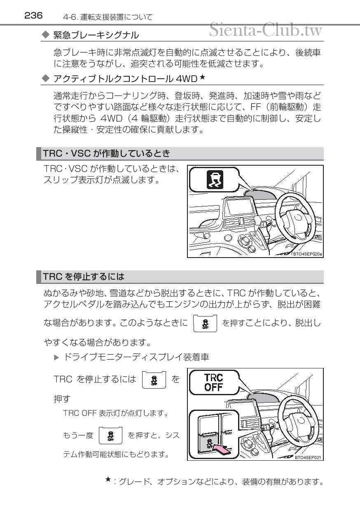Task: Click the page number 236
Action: coord(33,16)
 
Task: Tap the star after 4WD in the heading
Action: coord(202,77)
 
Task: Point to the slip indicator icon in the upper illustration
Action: coord(215,179)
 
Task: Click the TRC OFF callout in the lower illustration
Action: coord(214,382)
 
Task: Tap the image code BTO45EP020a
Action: coord(307,254)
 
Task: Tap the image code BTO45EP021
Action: coord(308,457)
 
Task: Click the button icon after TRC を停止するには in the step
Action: coord(154,380)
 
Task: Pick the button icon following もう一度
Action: coord(110,436)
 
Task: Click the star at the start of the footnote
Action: coord(108,479)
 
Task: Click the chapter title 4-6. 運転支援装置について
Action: coord(108,17)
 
